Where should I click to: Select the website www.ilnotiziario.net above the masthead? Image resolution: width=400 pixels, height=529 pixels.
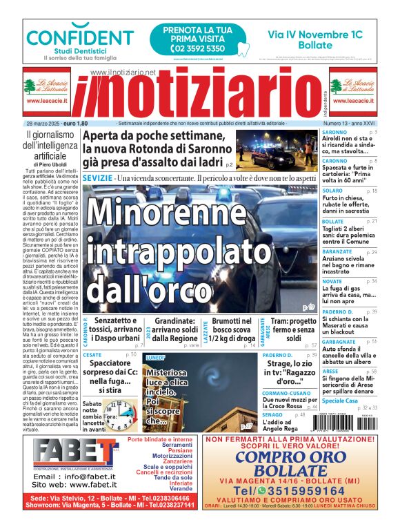point(123,72)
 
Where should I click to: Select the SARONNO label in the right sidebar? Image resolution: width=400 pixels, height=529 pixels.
point(334,131)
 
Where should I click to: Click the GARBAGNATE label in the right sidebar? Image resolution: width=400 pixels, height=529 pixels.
point(339,341)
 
